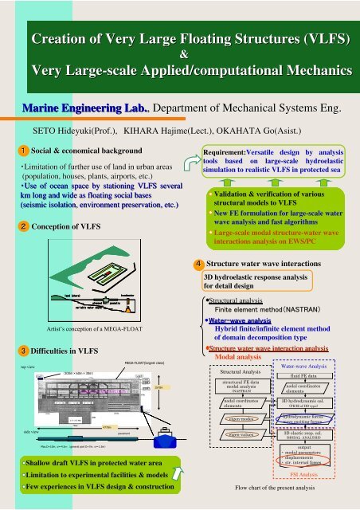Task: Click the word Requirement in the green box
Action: pos(227,150)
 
